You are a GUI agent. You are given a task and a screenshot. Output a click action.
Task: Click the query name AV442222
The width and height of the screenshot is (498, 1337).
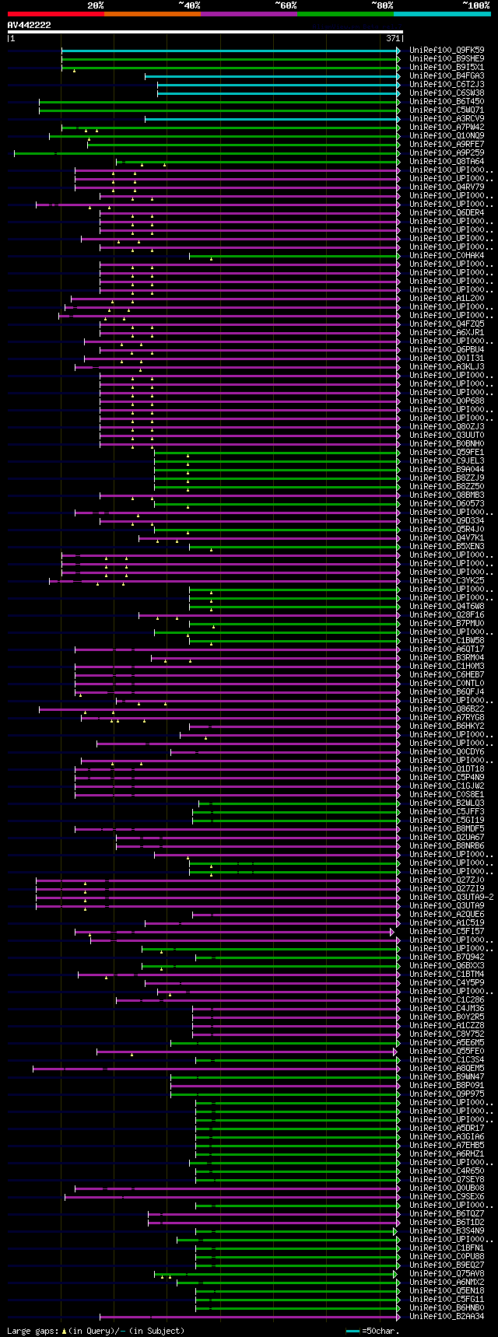click(x=30, y=25)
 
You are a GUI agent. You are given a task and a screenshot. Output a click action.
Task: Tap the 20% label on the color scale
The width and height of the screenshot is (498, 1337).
click(x=96, y=5)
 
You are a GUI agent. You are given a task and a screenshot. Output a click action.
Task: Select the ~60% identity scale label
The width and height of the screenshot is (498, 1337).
click(x=286, y=5)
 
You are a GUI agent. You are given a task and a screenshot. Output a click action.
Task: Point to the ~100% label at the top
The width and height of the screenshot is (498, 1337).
click(x=475, y=5)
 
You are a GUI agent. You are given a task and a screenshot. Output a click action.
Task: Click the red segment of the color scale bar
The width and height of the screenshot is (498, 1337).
click(x=55, y=14)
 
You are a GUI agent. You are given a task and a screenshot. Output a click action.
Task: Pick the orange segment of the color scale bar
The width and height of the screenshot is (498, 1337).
click(x=152, y=14)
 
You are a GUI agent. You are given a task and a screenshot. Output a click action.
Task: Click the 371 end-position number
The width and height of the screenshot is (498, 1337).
click(x=392, y=38)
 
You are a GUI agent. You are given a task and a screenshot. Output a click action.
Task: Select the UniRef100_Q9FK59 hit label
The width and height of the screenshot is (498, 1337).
click(x=447, y=51)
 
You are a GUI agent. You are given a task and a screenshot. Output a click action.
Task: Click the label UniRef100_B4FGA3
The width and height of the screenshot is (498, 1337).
click(x=447, y=76)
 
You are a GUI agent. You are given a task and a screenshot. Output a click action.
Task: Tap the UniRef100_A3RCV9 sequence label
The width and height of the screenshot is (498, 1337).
click(x=447, y=119)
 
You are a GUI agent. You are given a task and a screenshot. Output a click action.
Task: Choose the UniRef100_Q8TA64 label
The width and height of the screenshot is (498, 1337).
click(x=447, y=162)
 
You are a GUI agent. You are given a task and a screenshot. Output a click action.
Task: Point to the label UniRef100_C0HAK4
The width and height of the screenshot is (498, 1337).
click(x=447, y=256)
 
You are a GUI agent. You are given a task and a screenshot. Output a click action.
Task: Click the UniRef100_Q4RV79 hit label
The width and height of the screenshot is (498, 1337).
click(x=447, y=187)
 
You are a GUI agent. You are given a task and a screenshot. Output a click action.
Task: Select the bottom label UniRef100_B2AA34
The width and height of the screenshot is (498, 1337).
click(x=447, y=1317)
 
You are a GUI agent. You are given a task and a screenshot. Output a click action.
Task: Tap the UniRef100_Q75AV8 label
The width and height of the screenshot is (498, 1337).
click(x=447, y=1274)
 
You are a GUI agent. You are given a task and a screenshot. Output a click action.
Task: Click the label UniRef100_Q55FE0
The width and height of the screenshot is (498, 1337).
click(x=447, y=1052)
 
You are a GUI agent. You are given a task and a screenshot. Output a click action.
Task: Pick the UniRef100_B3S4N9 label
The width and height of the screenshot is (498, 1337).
click(x=447, y=1231)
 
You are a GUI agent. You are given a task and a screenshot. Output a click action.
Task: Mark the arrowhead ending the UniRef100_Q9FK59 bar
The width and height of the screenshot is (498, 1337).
click(x=398, y=51)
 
